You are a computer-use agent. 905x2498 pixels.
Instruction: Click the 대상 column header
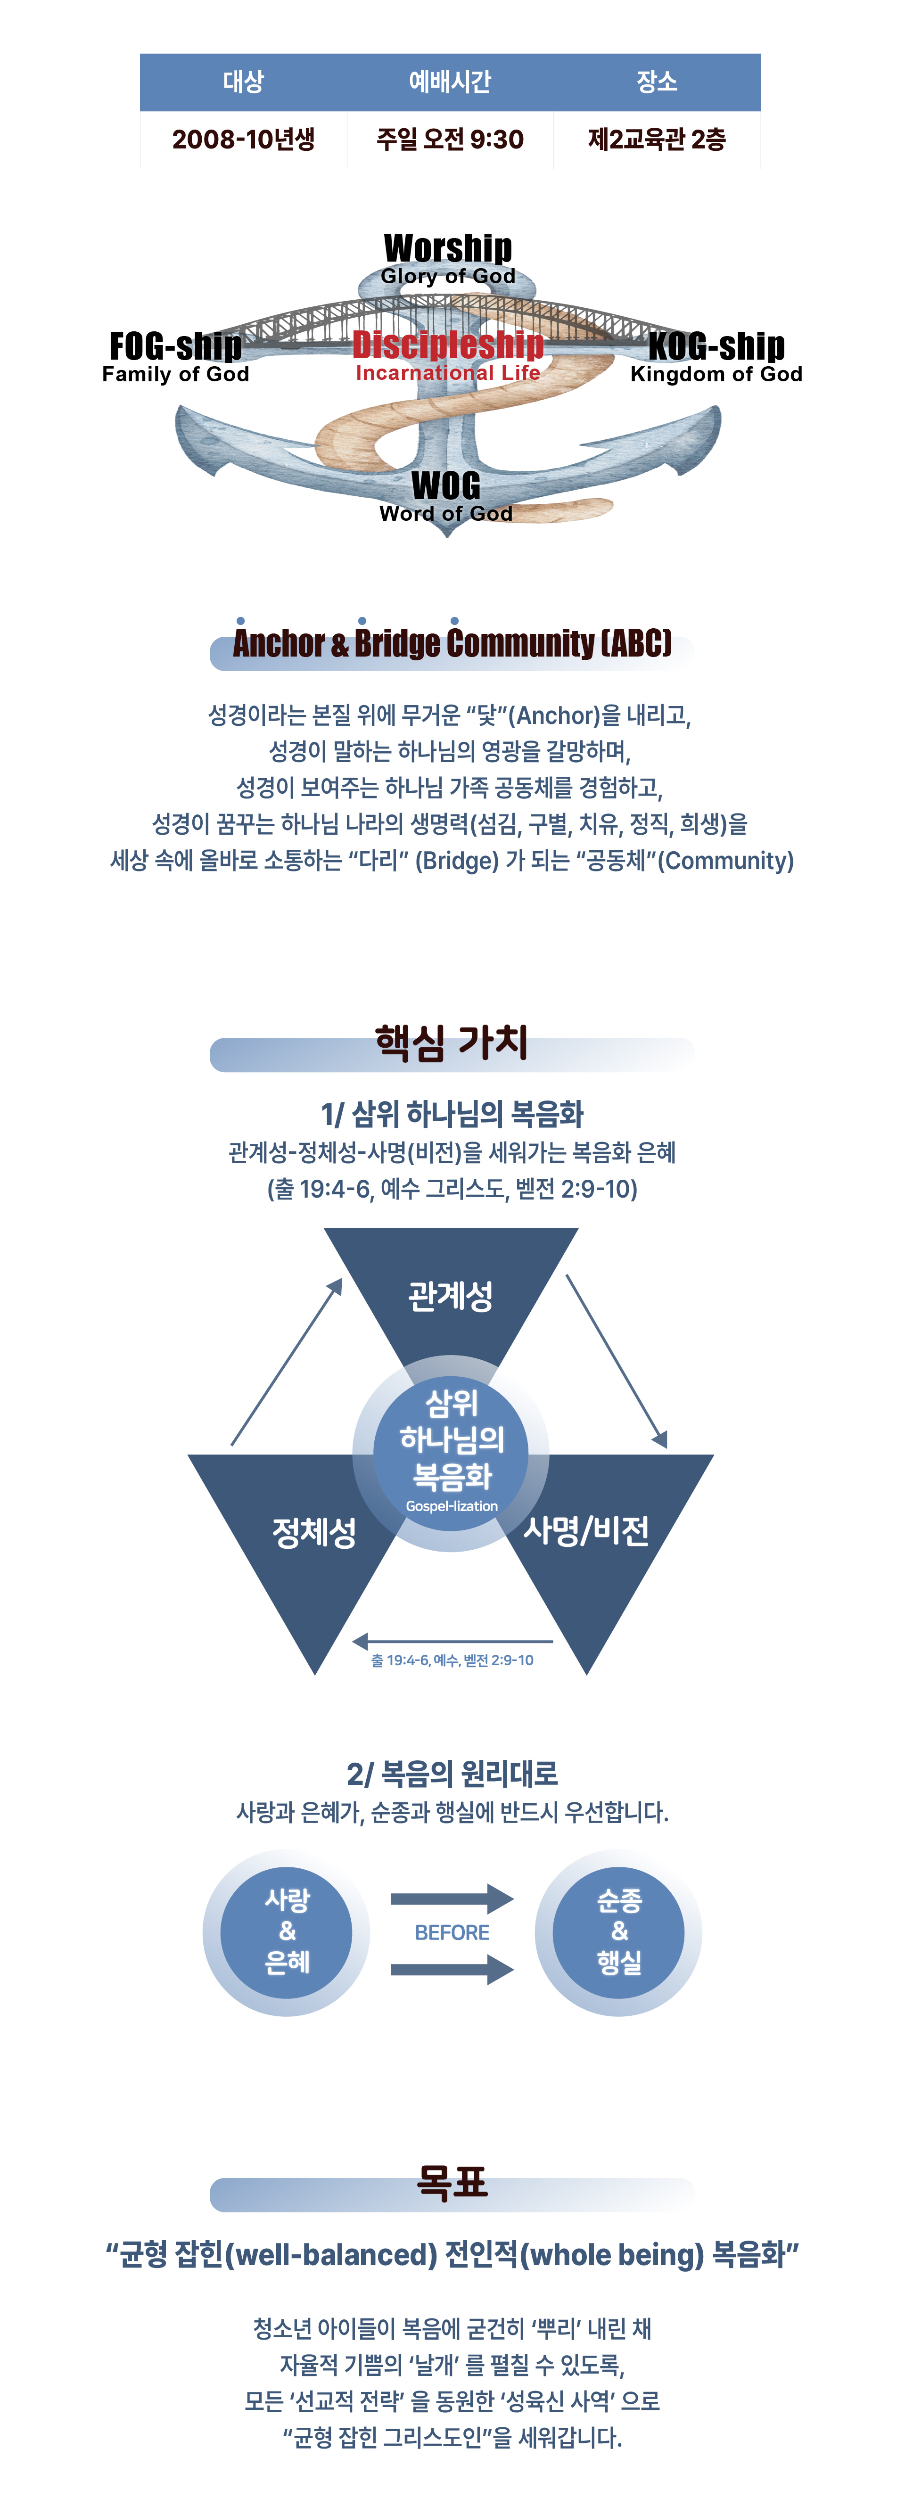pos(244,82)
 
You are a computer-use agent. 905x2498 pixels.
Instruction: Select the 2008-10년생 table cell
pos(244,140)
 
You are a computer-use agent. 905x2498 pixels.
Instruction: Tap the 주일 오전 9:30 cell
pos(450,140)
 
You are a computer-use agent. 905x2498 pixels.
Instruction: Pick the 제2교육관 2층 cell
pos(657,140)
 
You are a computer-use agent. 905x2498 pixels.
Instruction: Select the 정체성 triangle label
pos(314,1532)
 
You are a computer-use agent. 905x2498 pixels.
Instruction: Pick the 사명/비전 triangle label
pos(586,1530)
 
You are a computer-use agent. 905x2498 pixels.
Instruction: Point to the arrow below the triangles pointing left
pos(452,1642)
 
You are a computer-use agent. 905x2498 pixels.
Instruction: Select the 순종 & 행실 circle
pos(619,1931)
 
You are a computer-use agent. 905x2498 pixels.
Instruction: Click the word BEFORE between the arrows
pos(452,1933)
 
